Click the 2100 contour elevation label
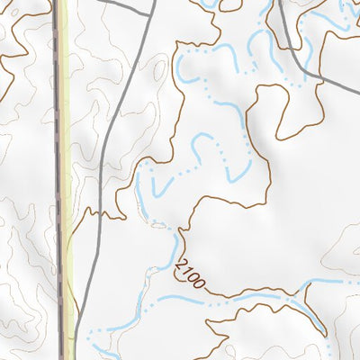192,274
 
